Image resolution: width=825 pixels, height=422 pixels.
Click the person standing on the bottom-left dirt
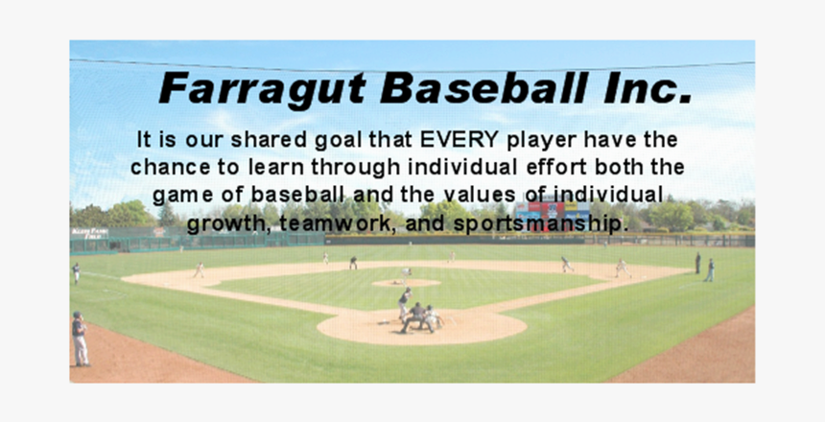(x=80, y=339)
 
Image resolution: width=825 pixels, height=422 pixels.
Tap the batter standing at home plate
(x=405, y=302)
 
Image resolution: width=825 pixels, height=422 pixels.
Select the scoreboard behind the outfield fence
(x=551, y=212)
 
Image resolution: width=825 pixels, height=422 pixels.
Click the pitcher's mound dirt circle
(x=406, y=283)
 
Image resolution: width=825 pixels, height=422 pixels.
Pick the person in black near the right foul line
(x=697, y=263)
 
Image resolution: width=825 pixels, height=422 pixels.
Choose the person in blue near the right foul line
(x=710, y=270)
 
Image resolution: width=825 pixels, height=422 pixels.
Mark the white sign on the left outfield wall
(x=89, y=233)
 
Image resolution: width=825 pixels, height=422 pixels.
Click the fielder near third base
(x=199, y=270)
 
